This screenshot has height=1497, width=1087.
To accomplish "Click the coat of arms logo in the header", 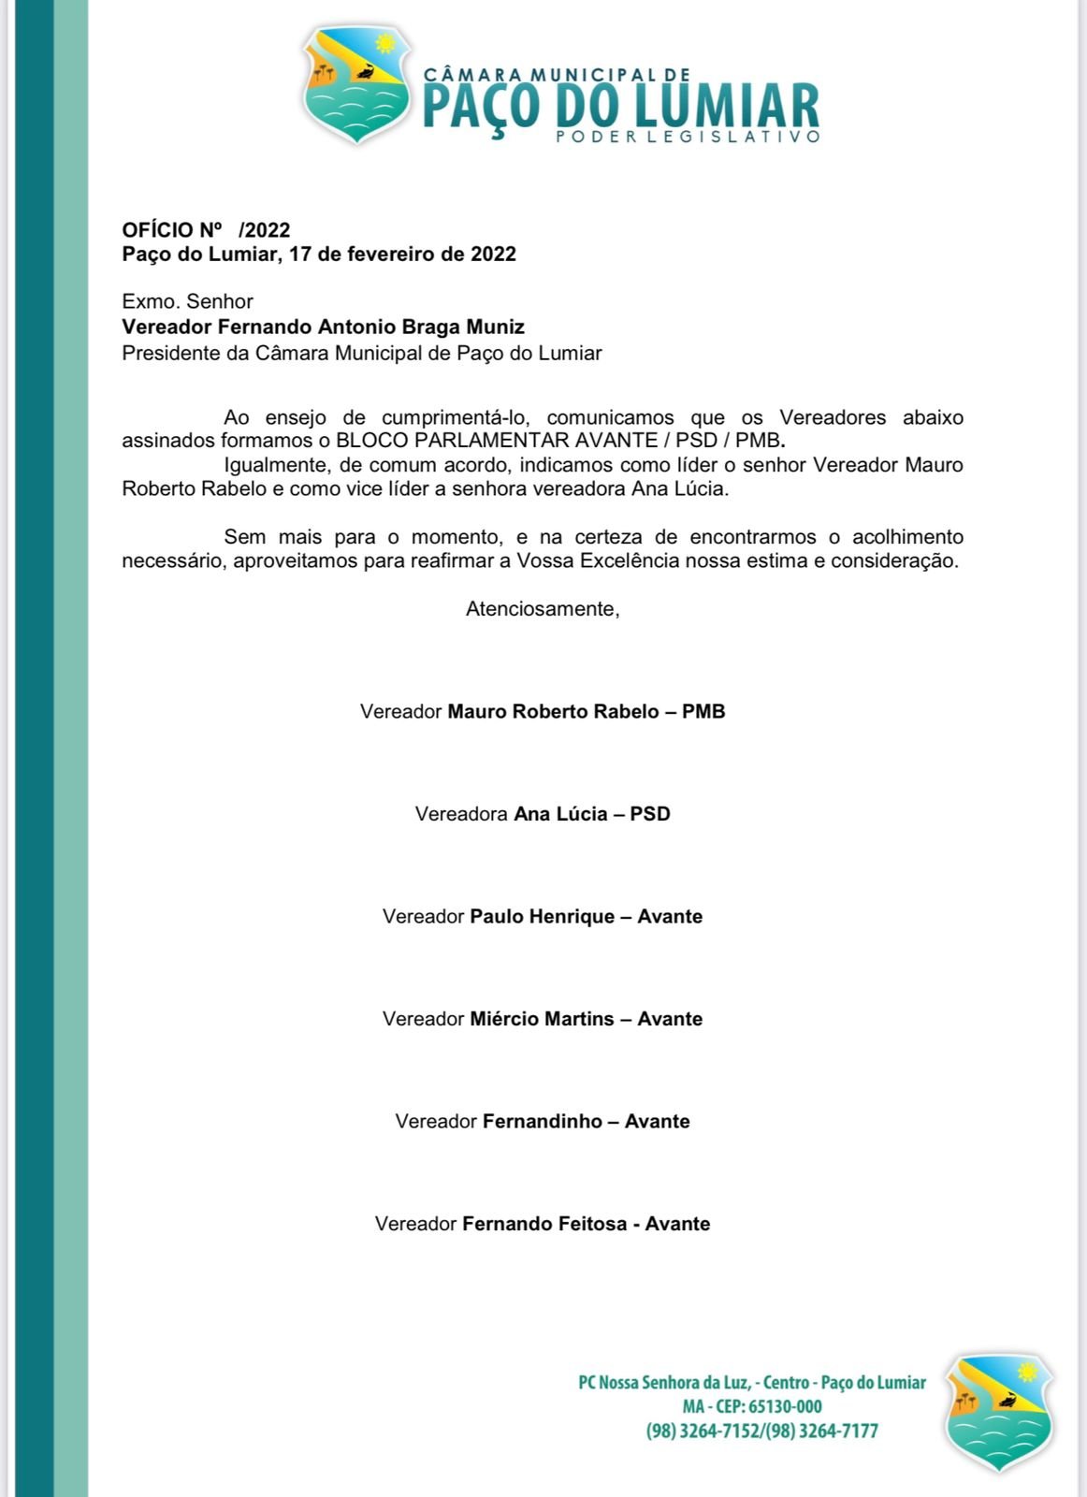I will coord(356,85).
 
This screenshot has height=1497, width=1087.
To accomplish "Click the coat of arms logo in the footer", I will coord(1000,1412).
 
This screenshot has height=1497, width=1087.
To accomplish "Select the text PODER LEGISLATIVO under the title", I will coord(688,137).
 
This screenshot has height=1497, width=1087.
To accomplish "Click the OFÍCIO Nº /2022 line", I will coord(206,230).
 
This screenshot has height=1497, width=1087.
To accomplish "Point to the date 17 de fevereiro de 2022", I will coord(402,254).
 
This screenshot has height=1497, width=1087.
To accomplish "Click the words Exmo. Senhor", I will coord(187,301).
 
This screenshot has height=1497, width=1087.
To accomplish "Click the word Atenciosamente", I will coord(543,609).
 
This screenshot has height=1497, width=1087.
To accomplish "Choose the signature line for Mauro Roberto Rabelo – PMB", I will coord(543,712).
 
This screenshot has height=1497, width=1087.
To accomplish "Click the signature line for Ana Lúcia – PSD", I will coord(543,814).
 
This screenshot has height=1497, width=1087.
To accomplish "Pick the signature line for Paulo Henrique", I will coord(543,917).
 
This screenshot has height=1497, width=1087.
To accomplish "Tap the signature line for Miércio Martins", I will coord(543,1019).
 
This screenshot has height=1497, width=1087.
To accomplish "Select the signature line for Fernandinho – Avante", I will coord(543,1122).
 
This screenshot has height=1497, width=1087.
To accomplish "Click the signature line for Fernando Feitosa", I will coord(543,1224).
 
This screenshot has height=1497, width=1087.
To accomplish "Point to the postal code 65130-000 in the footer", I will coord(785,1407).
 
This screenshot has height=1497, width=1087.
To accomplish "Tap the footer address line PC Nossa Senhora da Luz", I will coord(751,1383).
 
